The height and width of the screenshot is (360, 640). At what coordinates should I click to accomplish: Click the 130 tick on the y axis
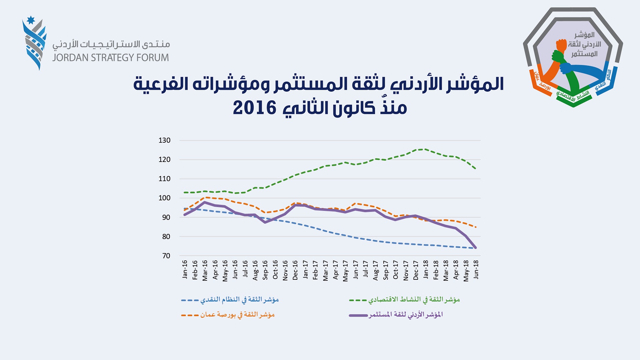pyautogui.click(x=164, y=140)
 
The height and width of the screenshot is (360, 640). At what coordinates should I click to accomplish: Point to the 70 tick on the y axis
pyautogui.click(x=166, y=256)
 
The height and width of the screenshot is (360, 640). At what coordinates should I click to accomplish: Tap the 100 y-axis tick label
pyautogui.click(x=164, y=198)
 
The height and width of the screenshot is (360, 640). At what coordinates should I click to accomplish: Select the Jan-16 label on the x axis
pyautogui.click(x=185, y=269)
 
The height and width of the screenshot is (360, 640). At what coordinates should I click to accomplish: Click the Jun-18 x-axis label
pyautogui.click(x=476, y=269)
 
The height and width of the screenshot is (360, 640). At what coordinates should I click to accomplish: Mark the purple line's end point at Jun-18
pyautogui.click(x=475, y=248)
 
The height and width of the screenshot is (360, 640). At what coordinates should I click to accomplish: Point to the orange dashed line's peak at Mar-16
pyautogui.click(x=205, y=197)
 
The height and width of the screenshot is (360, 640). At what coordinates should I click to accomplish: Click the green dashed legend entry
pyautogui.click(x=404, y=300)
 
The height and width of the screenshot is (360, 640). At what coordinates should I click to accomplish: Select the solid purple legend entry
pyautogui.click(x=396, y=315)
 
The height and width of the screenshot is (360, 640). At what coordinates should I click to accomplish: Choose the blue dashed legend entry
pyautogui.click(x=230, y=300)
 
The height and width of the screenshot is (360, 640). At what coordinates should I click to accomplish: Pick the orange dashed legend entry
pyautogui.click(x=228, y=315)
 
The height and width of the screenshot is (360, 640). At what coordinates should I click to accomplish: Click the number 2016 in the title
pyautogui.click(x=255, y=108)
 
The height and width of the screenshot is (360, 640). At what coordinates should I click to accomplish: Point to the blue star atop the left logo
pyautogui.click(x=31, y=20)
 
